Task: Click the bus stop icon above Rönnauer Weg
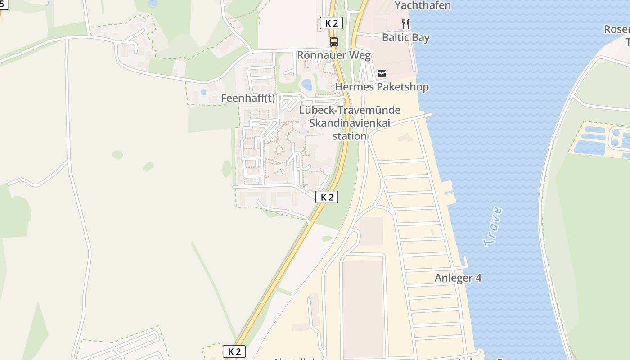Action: pyautogui.click(x=333, y=42)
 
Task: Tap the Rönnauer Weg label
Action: pyautogui.click(x=334, y=55)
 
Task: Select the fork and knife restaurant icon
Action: pyautogui.click(x=405, y=24)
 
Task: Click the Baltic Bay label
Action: pyautogui.click(x=406, y=37)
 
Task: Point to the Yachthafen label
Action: pyautogui.click(x=423, y=5)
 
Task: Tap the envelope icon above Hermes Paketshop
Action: pyautogui.click(x=382, y=74)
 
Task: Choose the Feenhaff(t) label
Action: pyautogui.click(x=248, y=98)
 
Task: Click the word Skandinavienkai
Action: pyautogui.click(x=350, y=123)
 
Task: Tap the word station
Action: pyautogui.click(x=349, y=136)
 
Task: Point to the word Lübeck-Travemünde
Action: pyautogui.click(x=350, y=110)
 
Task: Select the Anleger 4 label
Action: pyautogui.click(x=458, y=278)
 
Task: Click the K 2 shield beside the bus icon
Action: pyautogui.click(x=331, y=23)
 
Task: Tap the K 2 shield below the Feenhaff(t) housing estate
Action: pyautogui.click(x=327, y=197)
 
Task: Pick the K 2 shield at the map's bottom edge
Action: pyautogui.click(x=234, y=351)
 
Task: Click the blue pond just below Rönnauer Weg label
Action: pyautogui.click(x=307, y=85)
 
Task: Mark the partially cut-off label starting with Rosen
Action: pyautogui.click(x=616, y=30)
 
